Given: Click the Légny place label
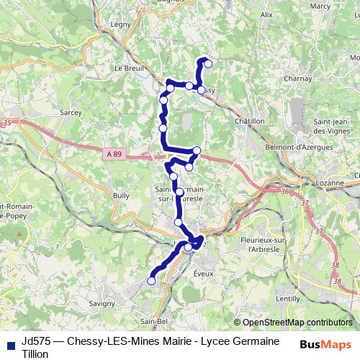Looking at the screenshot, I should coord(121,24).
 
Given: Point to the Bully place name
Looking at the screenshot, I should coord(121,194).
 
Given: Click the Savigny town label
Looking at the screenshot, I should coord(102,303).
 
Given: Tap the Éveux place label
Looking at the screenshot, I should coord(204,274).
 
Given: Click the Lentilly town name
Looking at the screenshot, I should coord(288,297).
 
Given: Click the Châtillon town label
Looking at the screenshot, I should coord(250,121).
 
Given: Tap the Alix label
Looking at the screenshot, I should coord(266,14).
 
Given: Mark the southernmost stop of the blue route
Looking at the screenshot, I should coord(152,281).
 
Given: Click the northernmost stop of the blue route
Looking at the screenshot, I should coord(208,63).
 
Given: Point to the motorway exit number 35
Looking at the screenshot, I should coord(8,124).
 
